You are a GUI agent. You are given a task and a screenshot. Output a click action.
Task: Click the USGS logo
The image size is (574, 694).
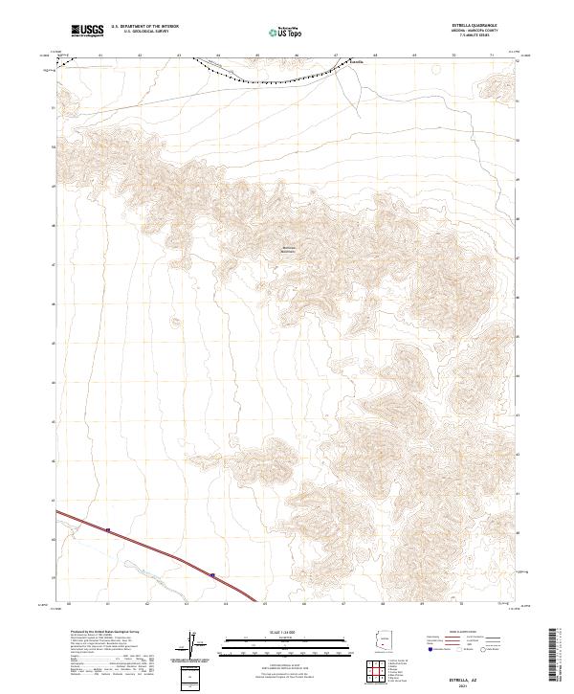pyautogui.click(x=87, y=31)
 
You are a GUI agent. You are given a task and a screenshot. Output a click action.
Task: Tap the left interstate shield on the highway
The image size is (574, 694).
pyautogui.click(x=108, y=529)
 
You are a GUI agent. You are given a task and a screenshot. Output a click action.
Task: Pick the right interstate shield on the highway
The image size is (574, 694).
pyautogui.click(x=212, y=575)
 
